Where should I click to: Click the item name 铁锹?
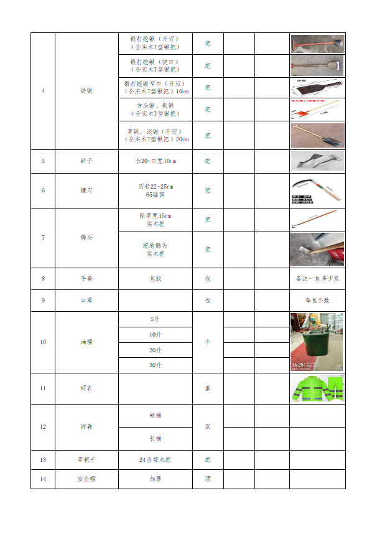86,91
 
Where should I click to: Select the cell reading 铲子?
86,161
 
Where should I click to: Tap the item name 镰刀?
86,190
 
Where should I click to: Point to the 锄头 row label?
86,238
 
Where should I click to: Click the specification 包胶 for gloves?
155,279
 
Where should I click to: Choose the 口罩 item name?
86,301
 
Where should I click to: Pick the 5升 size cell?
155,319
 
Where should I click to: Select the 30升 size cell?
155,365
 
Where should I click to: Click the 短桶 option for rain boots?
155,416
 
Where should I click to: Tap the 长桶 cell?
155,439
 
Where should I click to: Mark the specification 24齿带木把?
155,460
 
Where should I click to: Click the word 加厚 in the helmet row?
155,479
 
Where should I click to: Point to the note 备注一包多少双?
317,279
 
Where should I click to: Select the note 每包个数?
317,301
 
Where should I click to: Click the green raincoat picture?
317,388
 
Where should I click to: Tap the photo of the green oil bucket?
317,342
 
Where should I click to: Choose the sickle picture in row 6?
317,190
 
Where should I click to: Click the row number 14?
43,479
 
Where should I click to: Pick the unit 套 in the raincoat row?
208,388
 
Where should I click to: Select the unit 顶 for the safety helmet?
208,479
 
